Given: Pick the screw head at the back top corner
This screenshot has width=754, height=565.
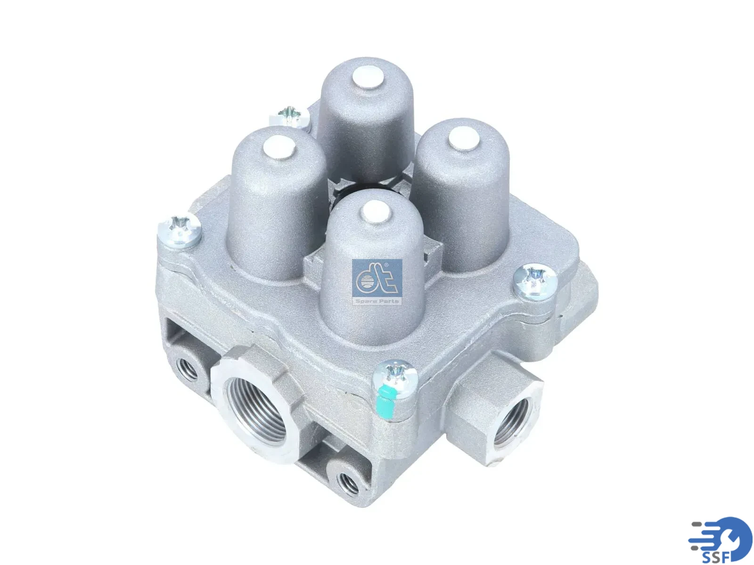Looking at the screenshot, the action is point(289,116).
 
